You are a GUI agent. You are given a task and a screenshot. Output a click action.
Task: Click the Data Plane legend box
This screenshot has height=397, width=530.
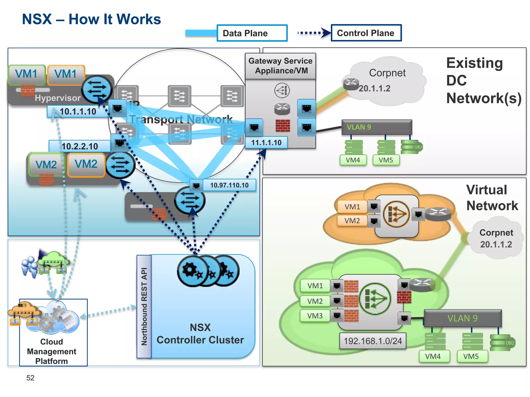coord(252,33)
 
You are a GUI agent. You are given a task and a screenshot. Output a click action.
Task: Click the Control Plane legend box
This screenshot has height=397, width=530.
coord(366,33)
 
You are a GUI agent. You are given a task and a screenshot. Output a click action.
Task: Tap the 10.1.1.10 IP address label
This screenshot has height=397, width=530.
coord(78,111)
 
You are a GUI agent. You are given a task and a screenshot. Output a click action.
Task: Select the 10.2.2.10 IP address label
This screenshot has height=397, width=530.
coord(80,146)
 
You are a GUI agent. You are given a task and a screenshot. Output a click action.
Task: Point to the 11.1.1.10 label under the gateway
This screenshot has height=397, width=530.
coord(266,143)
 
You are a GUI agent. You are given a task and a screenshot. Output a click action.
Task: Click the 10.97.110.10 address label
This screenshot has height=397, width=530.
coord(229,185)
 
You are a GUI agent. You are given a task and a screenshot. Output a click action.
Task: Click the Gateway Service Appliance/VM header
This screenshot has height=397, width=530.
coord(281,66)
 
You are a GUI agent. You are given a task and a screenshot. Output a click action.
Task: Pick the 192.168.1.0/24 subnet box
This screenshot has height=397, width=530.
coord(373,341)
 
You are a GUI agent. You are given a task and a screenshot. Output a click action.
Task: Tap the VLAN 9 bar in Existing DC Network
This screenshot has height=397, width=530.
coord(377,127)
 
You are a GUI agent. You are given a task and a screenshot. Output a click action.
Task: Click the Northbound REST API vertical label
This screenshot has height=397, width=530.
coord(144,307)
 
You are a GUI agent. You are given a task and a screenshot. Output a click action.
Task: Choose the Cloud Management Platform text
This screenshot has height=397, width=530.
coord(52,351)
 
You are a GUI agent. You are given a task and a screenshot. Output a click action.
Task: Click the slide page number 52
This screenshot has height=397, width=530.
coord(30,378)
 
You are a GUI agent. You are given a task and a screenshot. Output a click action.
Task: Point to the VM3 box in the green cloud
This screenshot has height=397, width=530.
coord(315,316)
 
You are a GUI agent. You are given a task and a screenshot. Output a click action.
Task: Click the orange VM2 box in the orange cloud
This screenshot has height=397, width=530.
coord(352,221)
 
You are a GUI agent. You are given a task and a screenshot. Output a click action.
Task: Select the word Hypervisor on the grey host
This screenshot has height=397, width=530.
coord(58,98)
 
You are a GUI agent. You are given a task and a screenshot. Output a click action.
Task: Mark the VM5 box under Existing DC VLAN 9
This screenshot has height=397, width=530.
coord(386,160)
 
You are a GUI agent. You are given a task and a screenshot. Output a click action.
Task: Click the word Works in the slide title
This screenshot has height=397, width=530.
coord(138,19)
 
